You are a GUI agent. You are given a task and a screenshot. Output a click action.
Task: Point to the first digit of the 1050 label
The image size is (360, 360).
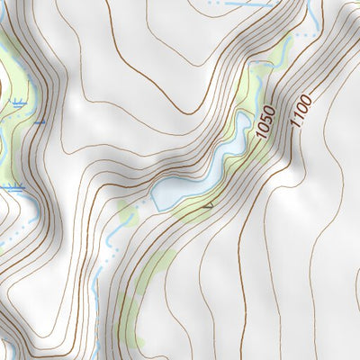coord(267,143)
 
